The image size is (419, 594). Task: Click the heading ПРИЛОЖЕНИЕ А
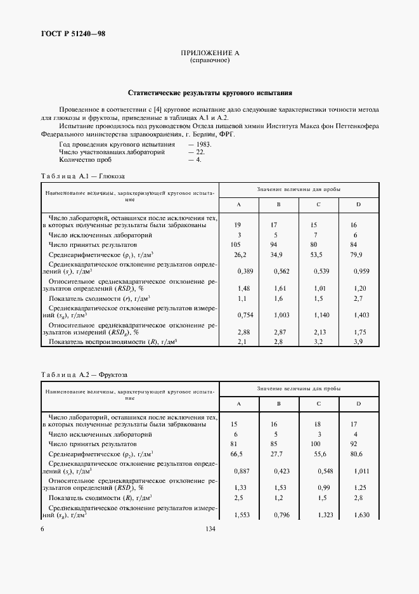(x=209, y=53)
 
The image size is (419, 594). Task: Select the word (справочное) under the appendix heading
(x=209, y=61)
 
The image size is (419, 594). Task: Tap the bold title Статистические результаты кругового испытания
(x=209, y=92)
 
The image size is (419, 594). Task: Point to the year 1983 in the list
(x=201, y=144)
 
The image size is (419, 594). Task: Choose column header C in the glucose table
(x=318, y=204)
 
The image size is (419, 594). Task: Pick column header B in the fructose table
(x=278, y=404)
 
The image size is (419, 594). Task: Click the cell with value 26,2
(x=239, y=254)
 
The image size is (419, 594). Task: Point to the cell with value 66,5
(x=238, y=454)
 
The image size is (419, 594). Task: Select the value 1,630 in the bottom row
(x=359, y=515)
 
